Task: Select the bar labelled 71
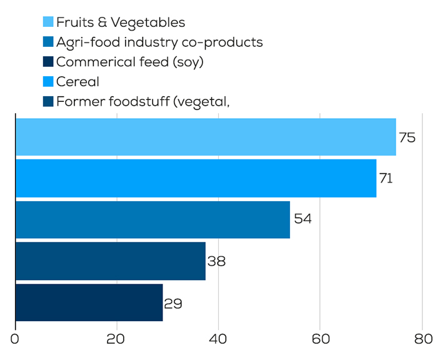tap(196, 178)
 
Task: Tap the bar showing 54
tap(152, 219)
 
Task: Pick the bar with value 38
tap(110, 261)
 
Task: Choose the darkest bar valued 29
tap(89, 302)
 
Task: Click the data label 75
tap(407, 137)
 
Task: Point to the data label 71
tap(386, 179)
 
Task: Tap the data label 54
tap(302, 219)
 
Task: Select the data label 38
tap(216, 261)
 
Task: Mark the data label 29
tap(173, 304)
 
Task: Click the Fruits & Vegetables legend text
tap(121, 22)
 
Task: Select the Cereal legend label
tap(77, 81)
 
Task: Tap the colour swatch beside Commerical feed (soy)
tap(48, 62)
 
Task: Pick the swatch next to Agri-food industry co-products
tap(48, 42)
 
